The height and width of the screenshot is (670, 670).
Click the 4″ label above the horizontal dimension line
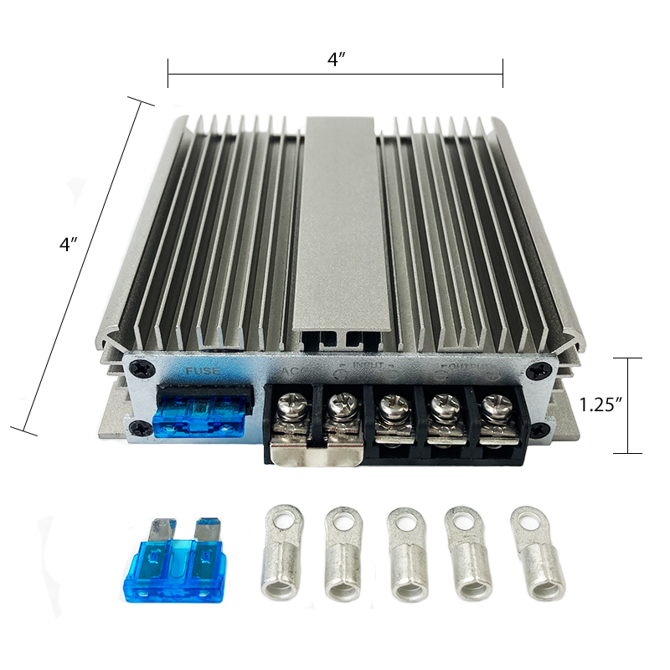[336, 60]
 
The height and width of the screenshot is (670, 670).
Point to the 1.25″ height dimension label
[600, 405]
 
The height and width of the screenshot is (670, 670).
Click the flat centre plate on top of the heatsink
[342, 226]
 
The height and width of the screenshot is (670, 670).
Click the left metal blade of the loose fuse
[157, 531]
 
